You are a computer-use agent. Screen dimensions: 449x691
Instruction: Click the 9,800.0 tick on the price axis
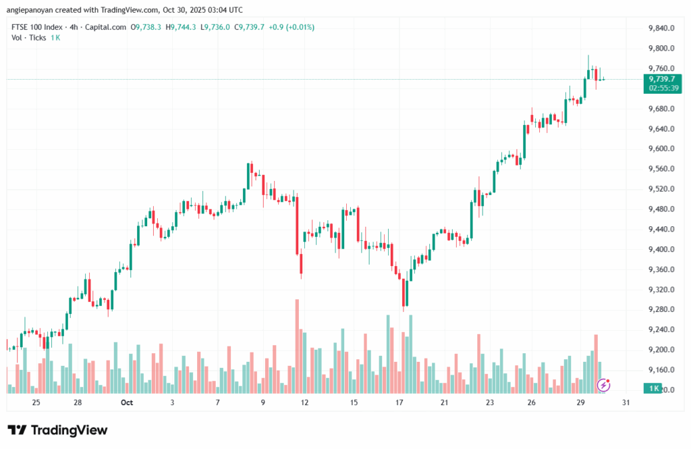point(661,49)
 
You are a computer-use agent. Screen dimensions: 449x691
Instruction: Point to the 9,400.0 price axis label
point(661,250)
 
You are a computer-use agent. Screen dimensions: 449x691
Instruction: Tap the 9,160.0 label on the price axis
point(661,370)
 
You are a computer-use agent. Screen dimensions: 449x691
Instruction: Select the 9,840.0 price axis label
point(661,28)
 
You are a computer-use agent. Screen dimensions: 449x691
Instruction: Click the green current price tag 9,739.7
point(662,79)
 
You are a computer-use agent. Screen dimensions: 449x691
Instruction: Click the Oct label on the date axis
point(126,402)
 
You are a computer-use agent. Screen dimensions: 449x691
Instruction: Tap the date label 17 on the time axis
point(399,402)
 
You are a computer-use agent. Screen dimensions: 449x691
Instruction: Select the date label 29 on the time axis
point(580,402)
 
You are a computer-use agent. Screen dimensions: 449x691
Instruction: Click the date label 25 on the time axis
point(36,402)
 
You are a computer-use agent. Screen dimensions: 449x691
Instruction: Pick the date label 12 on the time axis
point(305,402)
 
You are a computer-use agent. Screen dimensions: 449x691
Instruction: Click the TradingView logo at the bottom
point(57,430)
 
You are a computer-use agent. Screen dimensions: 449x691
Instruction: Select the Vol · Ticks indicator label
point(29,38)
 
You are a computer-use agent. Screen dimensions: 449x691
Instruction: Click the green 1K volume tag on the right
point(653,388)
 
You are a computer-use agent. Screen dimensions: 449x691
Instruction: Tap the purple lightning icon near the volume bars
point(604,385)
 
